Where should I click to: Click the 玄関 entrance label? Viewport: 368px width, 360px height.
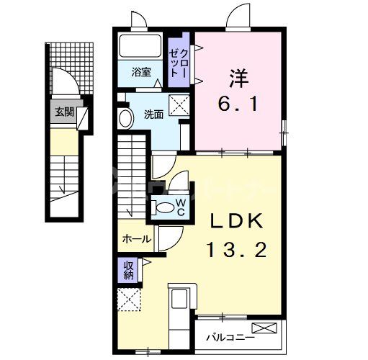[x=63, y=112]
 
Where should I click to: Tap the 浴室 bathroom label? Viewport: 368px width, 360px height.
[x=141, y=72]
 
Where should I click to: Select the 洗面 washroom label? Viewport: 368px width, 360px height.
[x=153, y=114]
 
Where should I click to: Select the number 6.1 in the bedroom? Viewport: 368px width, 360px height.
[x=239, y=104]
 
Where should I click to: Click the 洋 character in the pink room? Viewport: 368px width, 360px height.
[x=239, y=75]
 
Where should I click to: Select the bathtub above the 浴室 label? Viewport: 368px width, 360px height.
[x=140, y=48]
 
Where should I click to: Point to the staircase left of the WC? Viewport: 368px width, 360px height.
[x=133, y=176]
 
